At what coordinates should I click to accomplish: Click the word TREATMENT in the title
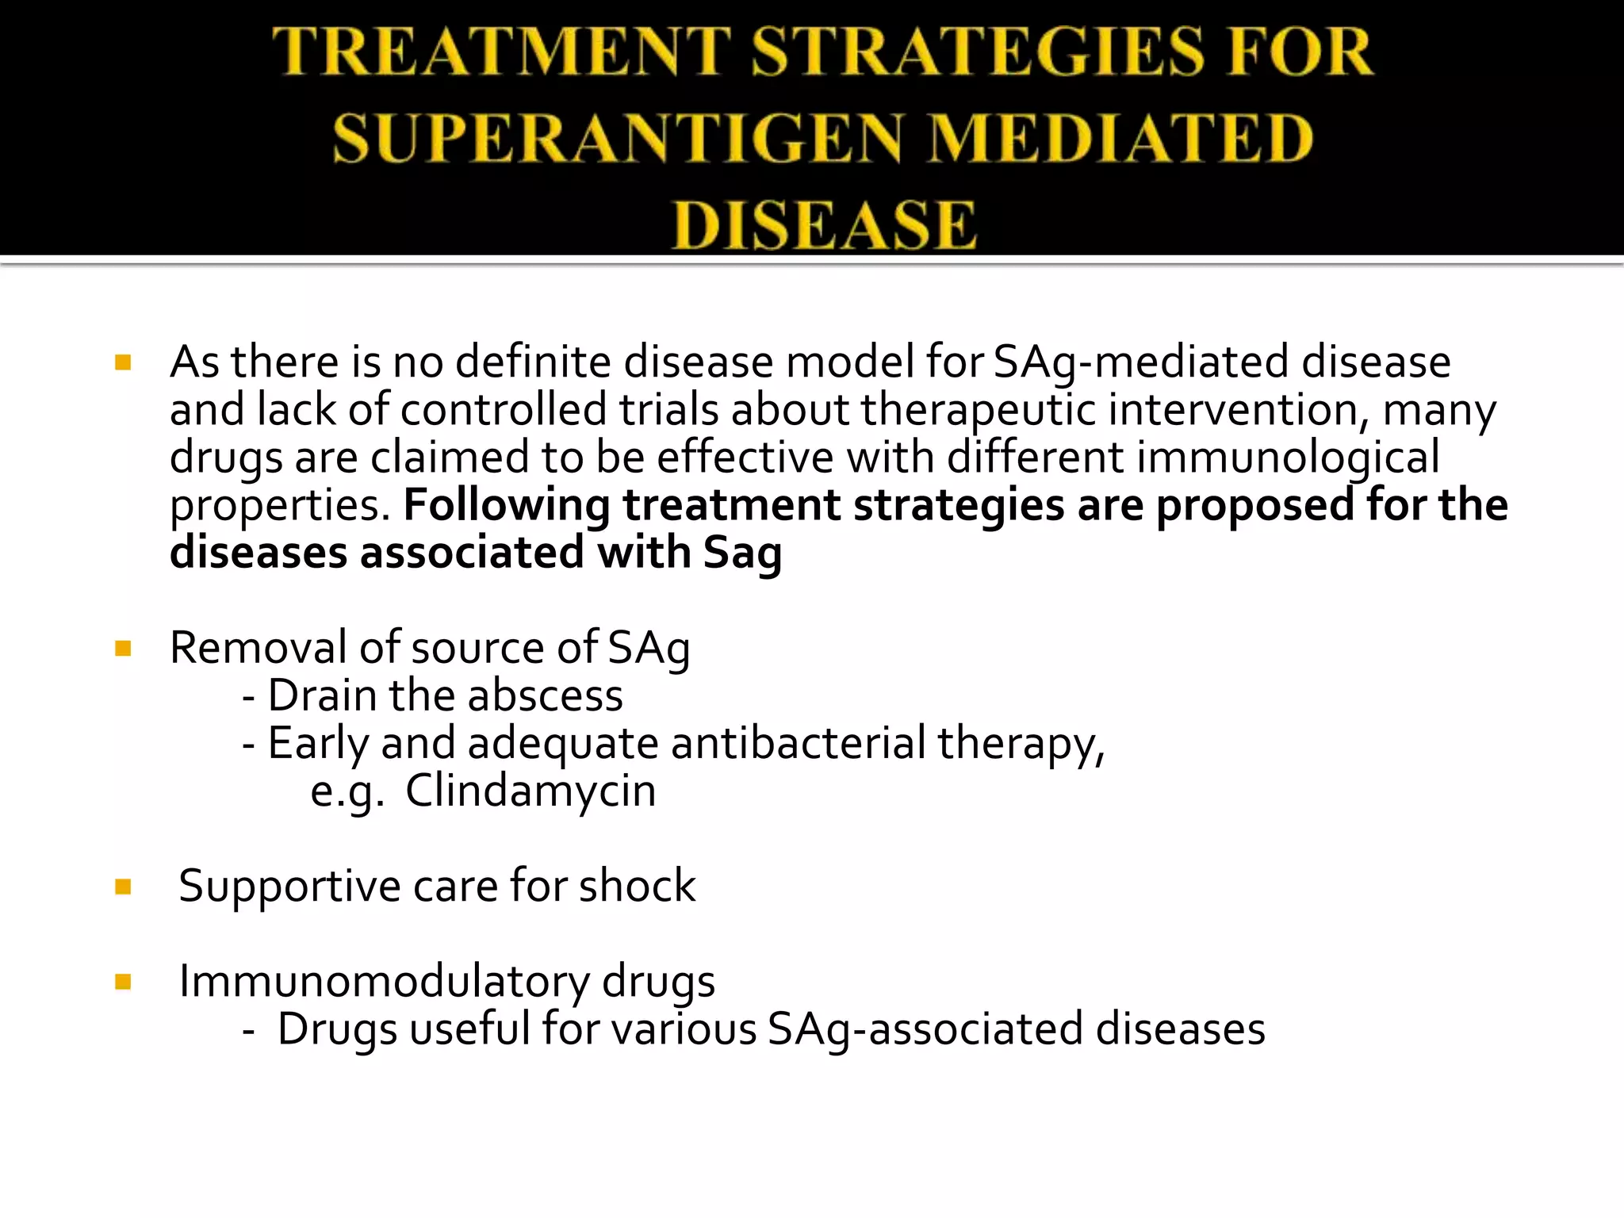pos(501,52)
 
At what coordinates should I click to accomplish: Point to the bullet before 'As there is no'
pos(123,363)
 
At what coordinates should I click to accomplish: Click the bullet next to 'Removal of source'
pos(123,649)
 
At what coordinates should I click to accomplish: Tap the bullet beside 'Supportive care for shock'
pos(123,887)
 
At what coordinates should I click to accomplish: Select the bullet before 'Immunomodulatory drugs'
pos(123,982)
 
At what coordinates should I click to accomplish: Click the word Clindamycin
pos(530,791)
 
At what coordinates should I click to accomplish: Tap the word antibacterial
pos(799,743)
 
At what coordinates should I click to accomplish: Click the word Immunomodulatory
pos(384,981)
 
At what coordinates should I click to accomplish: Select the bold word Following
pos(507,505)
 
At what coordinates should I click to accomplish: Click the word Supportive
pos(289,886)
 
